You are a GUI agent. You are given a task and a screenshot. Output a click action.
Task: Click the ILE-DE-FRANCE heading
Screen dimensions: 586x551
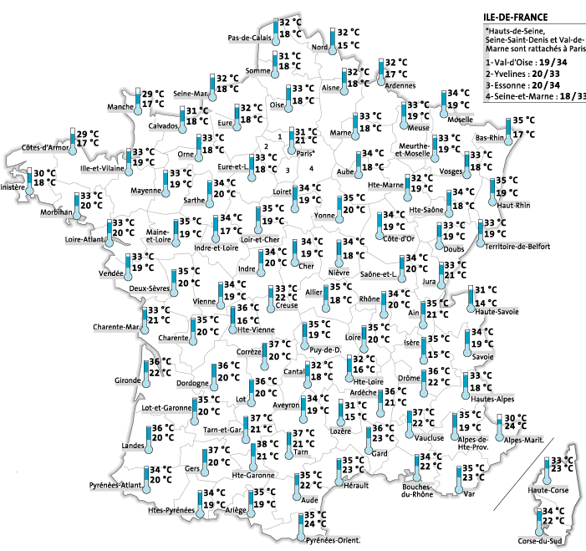pyautogui.click(x=516, y=16)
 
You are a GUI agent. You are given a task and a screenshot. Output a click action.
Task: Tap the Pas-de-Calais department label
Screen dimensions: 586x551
pyautogui.click(x=250, y=38)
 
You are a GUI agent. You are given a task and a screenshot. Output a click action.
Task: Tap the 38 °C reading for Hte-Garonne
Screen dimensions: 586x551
pyautogui.click(x=267, y=444)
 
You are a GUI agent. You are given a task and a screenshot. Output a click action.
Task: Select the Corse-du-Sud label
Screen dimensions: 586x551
pyautogui.click(x=540, y=541)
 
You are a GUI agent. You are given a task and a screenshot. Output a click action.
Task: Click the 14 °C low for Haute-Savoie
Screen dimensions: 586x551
pyautogui.click(x=487, y=302)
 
